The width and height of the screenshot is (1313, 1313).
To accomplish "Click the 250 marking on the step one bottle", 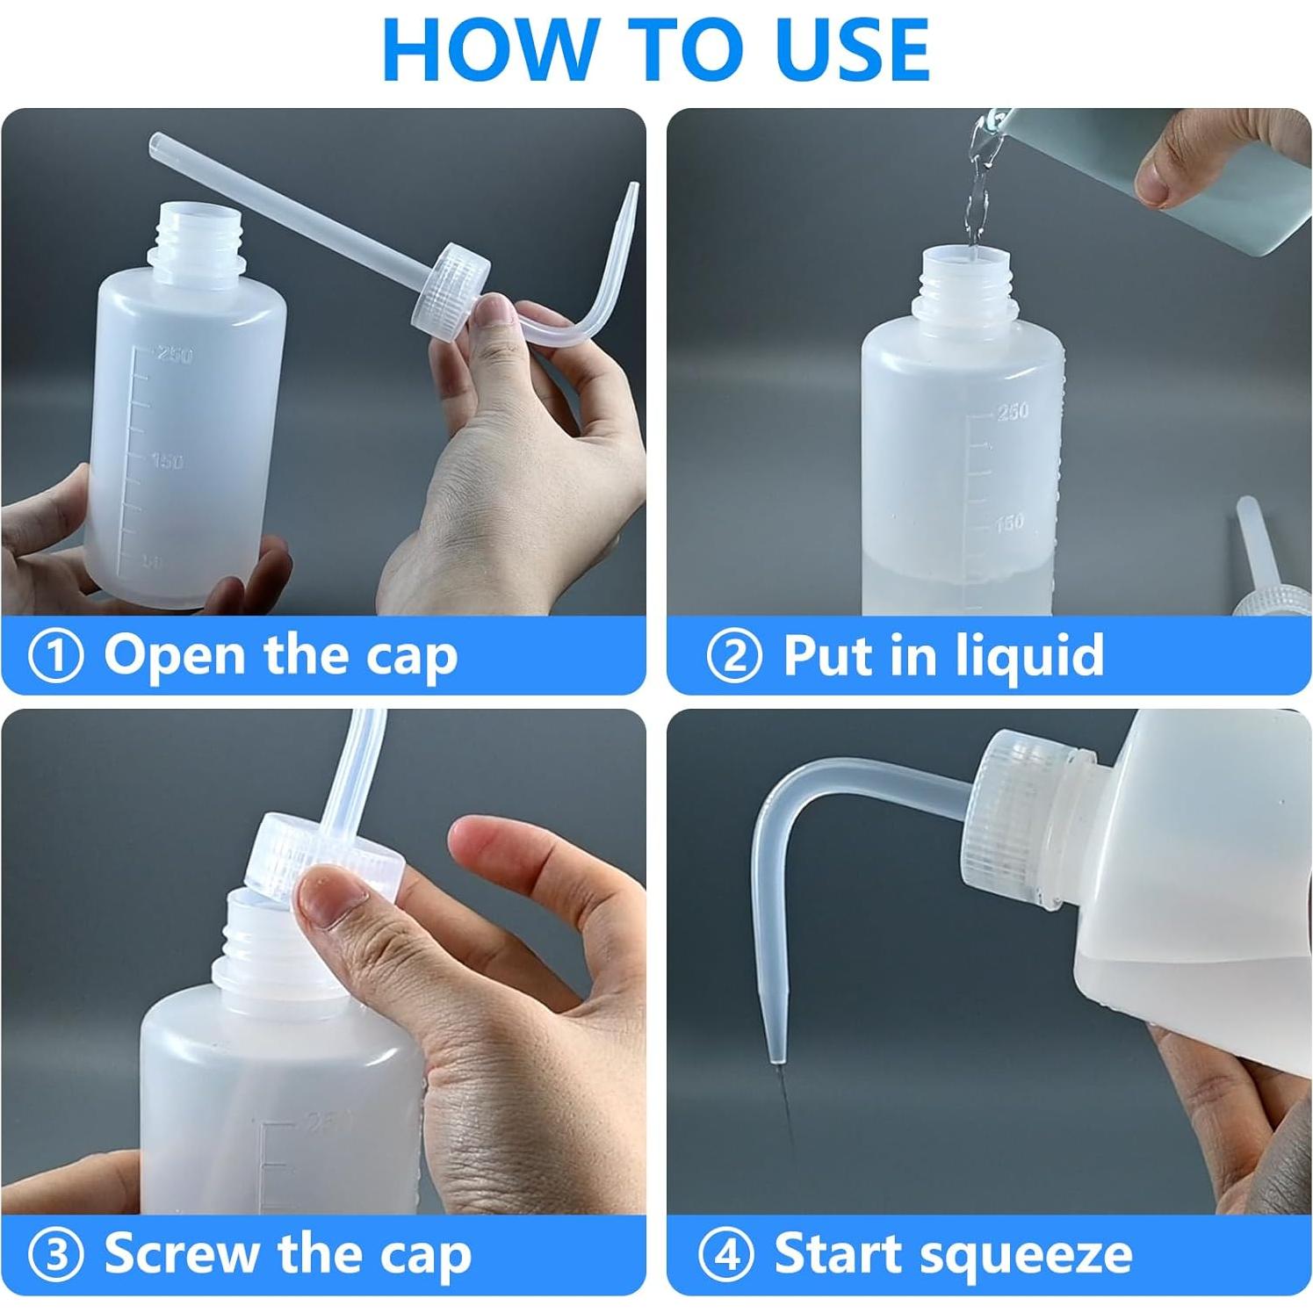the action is pos(174,355).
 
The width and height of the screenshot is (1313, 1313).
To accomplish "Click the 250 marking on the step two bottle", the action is pos(1013,410).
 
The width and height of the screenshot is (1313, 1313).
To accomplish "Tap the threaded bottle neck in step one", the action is pos(195,235).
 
